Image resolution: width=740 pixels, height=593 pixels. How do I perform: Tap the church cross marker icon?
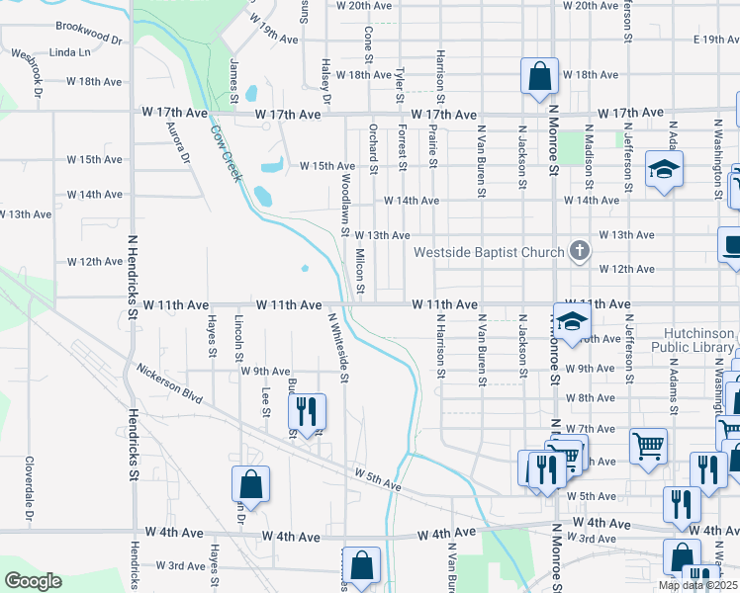581,251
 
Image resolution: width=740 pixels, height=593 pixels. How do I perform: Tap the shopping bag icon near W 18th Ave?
539,76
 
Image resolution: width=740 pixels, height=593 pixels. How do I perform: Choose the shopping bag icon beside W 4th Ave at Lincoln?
250,484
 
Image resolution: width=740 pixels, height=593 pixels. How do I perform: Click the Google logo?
32,581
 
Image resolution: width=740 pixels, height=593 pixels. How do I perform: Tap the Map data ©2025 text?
697,585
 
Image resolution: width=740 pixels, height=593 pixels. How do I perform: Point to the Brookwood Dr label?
88,32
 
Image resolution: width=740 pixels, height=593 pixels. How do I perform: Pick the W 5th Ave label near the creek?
379,481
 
